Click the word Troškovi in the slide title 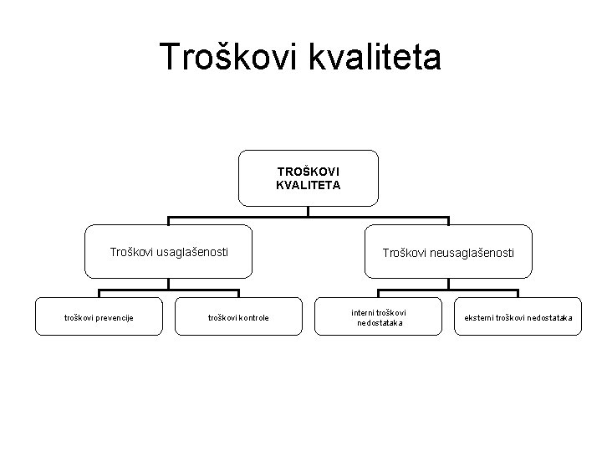point(222,58)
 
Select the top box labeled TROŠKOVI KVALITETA point(308,177)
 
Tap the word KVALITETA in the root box point(308,186)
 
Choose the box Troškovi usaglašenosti point(168,250)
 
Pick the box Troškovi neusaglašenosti point(448,251)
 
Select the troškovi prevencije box point(99,316)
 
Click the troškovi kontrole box point(238,316)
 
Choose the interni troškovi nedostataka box point(379,316)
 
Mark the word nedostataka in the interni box point(379,322)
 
